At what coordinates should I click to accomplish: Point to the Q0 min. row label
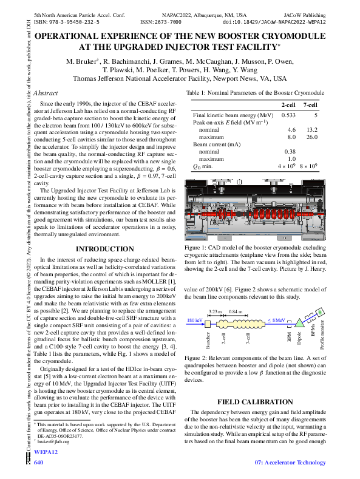pyautogui.click(x=205, y=166)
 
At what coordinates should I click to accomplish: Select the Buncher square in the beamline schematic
pyautogui.click(x=208, y=322)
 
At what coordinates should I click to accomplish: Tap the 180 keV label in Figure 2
pyautogui.click(x=195, y=319)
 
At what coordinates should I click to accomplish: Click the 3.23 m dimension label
pyautogui.click(x=216, y=311)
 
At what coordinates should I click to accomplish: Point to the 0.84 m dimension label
pyautogui.click(x=235, y=311)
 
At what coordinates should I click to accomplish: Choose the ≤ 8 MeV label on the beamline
pyautogui.click(x=277, y=319)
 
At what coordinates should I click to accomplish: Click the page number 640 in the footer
pyautogui.click(x=39, y=463)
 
